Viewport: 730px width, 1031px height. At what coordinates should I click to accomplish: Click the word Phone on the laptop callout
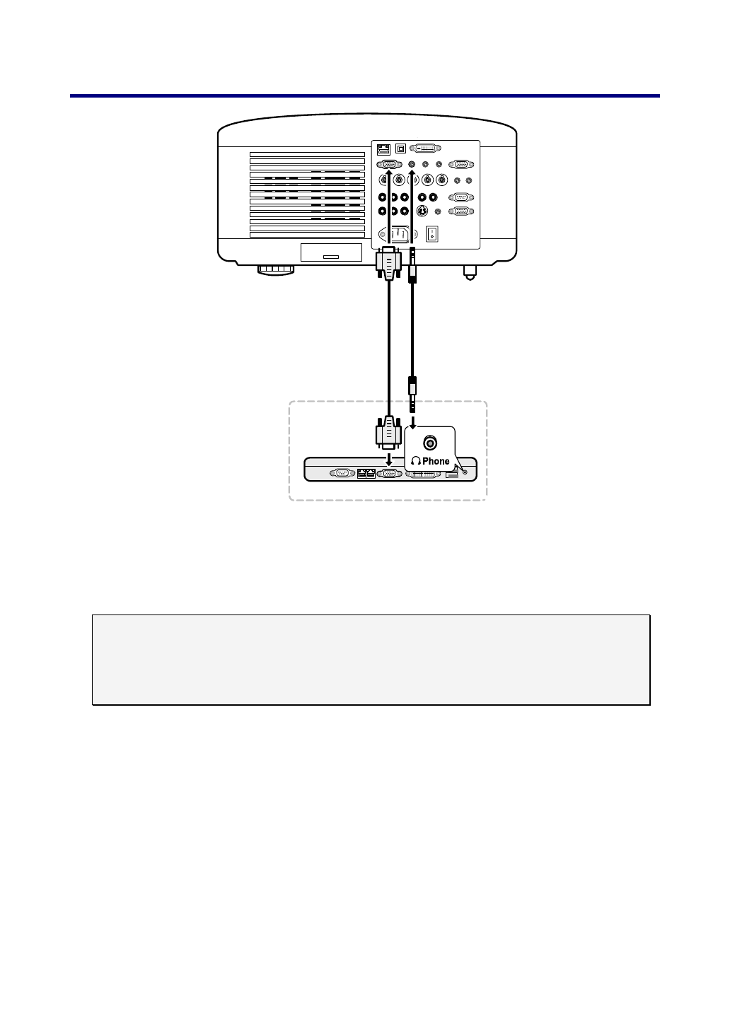436,461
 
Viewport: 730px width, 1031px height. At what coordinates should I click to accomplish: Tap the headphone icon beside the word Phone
416,461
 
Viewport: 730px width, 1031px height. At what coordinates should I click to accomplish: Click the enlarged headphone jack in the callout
429,443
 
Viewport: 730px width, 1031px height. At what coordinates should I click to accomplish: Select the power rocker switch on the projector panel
431,233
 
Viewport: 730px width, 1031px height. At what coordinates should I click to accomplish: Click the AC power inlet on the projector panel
395,233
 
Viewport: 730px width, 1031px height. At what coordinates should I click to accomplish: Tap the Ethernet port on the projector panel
384,149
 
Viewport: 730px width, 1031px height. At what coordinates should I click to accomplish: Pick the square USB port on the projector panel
402,148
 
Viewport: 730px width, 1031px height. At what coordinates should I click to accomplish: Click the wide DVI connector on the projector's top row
425,148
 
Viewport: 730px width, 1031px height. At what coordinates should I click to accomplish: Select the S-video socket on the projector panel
422,211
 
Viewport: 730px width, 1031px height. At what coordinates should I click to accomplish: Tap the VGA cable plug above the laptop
388,433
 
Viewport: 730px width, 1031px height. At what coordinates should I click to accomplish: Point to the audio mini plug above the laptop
413,393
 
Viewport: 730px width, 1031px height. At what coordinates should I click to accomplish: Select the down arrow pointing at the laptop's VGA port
388,459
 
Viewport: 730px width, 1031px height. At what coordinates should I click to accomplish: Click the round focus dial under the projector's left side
276,269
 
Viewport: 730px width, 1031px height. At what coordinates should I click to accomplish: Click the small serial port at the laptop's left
342,473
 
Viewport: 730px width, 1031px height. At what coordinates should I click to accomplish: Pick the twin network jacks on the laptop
366,473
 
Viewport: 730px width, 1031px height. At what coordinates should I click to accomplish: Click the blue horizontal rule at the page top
365,95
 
